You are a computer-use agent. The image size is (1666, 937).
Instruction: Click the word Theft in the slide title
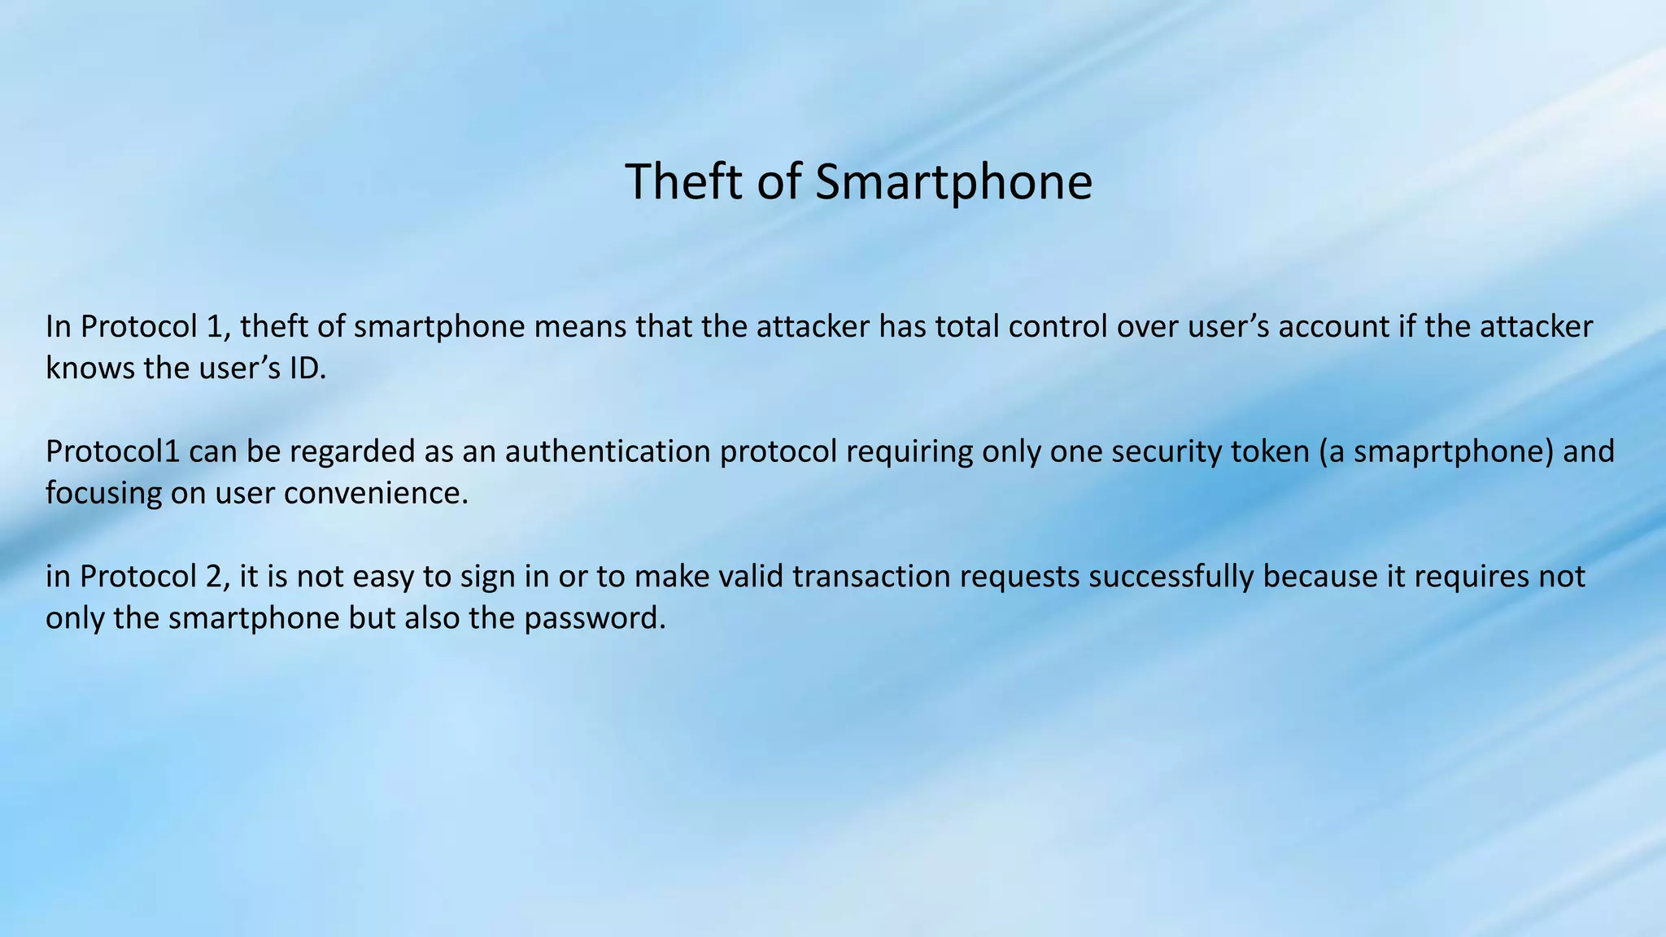[x=685, y=181]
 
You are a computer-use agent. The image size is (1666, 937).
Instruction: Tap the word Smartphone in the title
[x=953, y=181]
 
